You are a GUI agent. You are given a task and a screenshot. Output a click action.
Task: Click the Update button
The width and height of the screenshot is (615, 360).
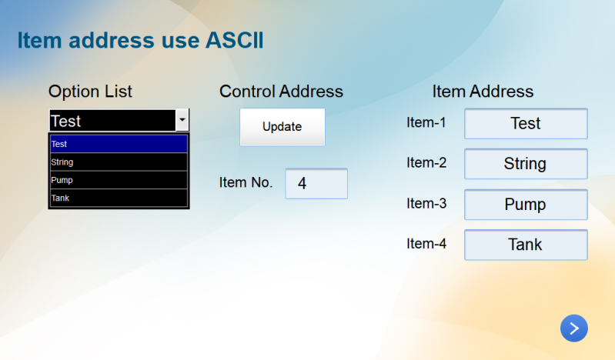tap(282, 127)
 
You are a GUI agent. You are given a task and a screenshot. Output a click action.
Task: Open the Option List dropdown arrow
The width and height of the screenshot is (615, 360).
tap(182, 121)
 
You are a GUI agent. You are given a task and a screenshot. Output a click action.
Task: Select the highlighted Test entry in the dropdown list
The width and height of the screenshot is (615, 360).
tap(119, 144)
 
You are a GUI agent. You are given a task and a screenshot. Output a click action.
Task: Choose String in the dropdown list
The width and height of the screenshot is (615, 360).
tap(119, 162)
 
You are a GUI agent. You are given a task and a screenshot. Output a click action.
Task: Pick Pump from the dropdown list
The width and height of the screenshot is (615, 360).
tap(119, 180)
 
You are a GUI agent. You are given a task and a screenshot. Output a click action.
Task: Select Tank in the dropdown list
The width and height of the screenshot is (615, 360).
tap(119, 198)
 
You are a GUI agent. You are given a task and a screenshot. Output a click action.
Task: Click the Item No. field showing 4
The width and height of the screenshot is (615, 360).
tap(316, 184)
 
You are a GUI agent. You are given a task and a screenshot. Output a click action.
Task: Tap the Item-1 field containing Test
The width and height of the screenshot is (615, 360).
tap(526, 124)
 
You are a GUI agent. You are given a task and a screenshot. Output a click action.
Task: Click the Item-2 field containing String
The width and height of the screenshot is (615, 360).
tap(526, 164)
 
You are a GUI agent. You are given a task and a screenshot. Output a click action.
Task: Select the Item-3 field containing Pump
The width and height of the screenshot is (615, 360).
tap(526, 205)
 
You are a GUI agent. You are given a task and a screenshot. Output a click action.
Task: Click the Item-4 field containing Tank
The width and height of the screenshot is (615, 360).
tap(526, 245)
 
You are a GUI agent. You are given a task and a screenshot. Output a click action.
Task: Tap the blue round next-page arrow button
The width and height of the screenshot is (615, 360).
tap(573, 328)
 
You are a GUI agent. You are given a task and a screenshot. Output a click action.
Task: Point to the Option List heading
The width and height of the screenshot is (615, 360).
tap(90, 92)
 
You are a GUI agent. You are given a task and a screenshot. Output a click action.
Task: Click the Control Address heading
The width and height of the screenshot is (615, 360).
tap(281, 92)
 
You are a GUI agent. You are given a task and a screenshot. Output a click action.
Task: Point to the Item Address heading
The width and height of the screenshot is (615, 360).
tap(483, 92)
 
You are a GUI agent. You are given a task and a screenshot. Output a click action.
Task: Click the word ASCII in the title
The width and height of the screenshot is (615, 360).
tap(233, 41)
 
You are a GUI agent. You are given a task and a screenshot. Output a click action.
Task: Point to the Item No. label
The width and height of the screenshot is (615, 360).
tap(246, 183)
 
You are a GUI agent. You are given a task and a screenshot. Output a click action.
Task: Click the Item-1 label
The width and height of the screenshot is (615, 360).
tap(426, 122)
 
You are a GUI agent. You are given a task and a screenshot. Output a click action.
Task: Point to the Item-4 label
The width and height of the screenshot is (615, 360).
tap(426, 244)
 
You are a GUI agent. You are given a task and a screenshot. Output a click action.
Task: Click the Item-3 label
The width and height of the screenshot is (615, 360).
tap(426, 203)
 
